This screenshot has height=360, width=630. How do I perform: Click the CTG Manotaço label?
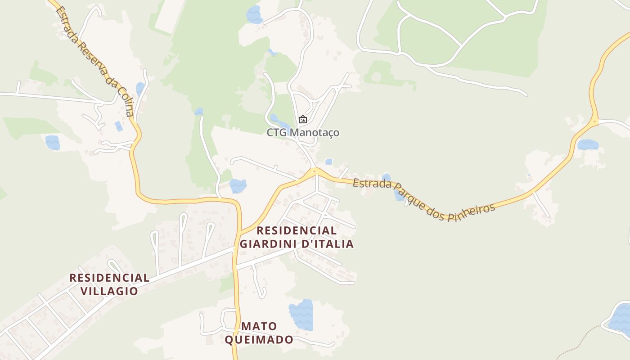click(x=303, y=133)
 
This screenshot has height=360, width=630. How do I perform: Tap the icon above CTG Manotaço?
click(x=303, y=120)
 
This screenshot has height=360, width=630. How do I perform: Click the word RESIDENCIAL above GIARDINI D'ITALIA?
click(x=297, y=231)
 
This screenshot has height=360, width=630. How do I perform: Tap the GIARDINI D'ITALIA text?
click(x=297, y=244)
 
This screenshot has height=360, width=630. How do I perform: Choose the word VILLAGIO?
click(x=109, y=291)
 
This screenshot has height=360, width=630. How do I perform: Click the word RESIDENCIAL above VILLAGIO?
click(x=109, y=278)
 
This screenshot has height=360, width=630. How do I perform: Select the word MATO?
click(x=259, y=326)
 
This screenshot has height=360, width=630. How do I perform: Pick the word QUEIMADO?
click(x=259, y=339)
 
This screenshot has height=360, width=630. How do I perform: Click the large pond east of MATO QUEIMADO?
click(x=301, y=314)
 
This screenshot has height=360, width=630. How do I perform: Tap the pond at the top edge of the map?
click(x=254, y=14)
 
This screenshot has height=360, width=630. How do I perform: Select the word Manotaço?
click(x=315, y=133)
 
